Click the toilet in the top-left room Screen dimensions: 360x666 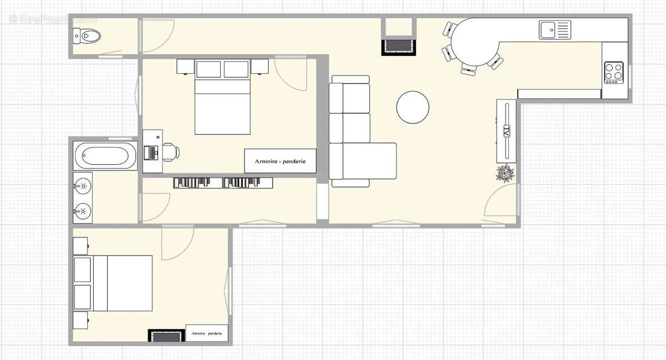click(87, 37)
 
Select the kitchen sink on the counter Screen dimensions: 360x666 click(554, 29)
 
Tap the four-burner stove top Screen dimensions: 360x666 click(613, 72)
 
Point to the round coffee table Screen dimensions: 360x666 click(413, 108)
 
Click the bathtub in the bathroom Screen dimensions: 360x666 click(105, 156)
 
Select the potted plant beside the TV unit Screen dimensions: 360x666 click(505, 174)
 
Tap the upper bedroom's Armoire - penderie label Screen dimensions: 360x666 click(280, 161)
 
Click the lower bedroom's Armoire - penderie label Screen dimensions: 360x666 click(207, 333)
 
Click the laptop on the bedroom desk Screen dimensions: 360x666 click(150, 151)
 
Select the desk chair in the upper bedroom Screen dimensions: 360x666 click(170, 151)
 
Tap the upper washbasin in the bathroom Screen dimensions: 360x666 click(83, 185)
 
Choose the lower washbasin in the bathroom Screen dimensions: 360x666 click(83, 210)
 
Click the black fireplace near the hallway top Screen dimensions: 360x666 click(398, 46)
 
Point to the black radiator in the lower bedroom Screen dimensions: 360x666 click(165, 336)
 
